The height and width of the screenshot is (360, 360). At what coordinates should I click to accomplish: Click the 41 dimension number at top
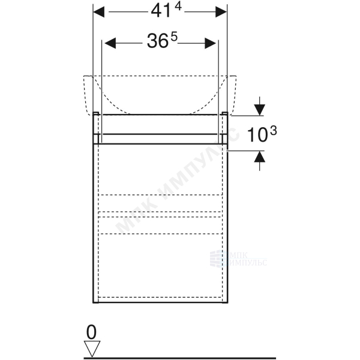(161, 12)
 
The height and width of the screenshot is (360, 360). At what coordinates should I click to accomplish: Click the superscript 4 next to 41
(178, 7)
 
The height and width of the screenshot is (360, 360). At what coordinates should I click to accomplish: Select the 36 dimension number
(157, 41)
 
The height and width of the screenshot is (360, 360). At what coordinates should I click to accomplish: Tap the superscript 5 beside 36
(174, 37)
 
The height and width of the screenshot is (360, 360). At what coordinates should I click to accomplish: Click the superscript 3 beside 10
(274, 131)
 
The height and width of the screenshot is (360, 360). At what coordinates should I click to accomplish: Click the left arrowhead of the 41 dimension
(99, 12)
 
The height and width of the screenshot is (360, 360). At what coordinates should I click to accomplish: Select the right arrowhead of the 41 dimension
(221, 12)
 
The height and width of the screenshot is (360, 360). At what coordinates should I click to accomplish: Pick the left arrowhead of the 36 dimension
(110, 43)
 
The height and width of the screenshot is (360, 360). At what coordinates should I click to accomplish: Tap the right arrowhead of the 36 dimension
(211, 43)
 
